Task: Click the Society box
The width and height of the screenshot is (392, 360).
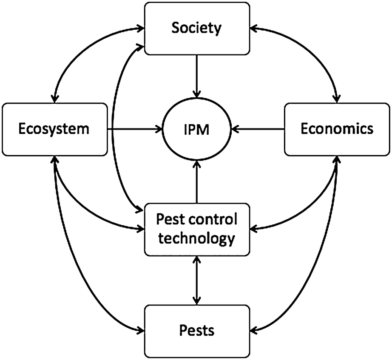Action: coord(196,28)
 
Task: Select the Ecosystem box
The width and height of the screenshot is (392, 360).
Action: coord(54,129)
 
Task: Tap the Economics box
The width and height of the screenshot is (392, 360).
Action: coord(337,129)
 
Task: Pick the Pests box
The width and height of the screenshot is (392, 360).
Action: coord(196,330)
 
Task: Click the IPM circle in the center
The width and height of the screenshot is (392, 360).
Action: coord(196,129)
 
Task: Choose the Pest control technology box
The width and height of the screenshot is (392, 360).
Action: coord(196,229)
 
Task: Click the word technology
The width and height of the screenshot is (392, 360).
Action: coord(196,238)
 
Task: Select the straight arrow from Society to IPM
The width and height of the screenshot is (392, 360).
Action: coord(196,77)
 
